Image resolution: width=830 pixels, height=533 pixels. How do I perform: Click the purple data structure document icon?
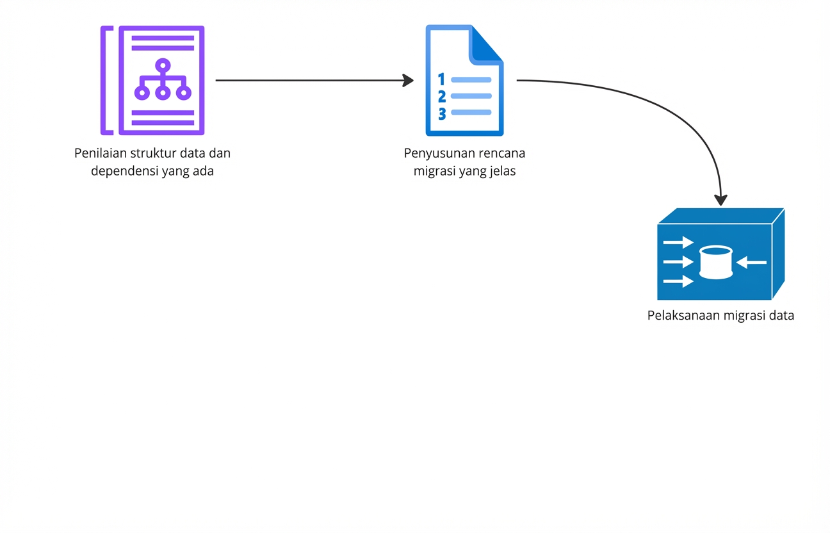(152, 80)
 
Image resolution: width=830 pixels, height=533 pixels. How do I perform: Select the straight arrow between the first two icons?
(314, 81)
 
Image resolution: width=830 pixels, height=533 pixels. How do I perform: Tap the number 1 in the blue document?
(441, 79)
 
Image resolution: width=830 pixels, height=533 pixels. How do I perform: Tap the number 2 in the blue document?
(441, 97)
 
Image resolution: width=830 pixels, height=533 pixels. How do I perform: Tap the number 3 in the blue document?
(441, 113)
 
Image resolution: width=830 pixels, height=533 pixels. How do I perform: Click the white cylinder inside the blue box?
(715, 262)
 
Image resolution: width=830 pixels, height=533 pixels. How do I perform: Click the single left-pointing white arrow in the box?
(751, 262)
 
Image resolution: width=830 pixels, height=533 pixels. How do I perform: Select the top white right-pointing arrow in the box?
(679, 243)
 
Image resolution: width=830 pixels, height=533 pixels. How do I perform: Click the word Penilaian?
(101, 154)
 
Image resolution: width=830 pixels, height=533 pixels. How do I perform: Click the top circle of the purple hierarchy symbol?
(163, 65)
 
